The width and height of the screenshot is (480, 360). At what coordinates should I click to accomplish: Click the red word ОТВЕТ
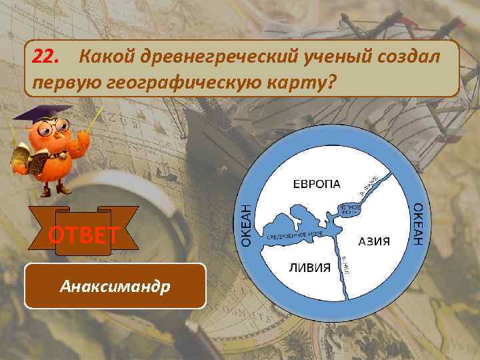coord(83,235)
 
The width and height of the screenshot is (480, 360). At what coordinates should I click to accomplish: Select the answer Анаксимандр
coord(115,287)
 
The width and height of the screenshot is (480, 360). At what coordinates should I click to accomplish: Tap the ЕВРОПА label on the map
coord(317,183)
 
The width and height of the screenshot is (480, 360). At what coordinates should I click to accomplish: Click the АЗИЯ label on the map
coord(374,241)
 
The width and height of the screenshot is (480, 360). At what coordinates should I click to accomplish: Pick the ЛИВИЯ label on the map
coord(309,267)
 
